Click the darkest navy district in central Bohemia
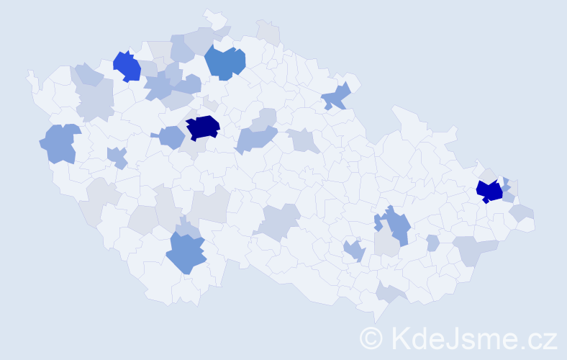click(x=202, y=127)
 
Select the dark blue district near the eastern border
click(x=489, y=192)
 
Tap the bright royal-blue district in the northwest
click(x=127, y=66)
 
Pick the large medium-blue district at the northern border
click(x=224, y=62)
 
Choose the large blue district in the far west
click(x=60, y=143)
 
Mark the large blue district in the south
click(x=186, y=253)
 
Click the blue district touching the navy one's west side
click(x=172, y=137)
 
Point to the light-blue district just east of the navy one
click(x=256, y=137)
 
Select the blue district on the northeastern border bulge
click(x=337, y=96)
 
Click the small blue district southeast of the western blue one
click(x=117, y=156)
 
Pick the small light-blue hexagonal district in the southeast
click(x=432, y=243)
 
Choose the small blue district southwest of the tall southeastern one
click(x=354, y=251)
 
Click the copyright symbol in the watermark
click(x=372, y=337)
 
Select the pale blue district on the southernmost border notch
click(x=392, y=292)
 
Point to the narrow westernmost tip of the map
click(x=30, y=75)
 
